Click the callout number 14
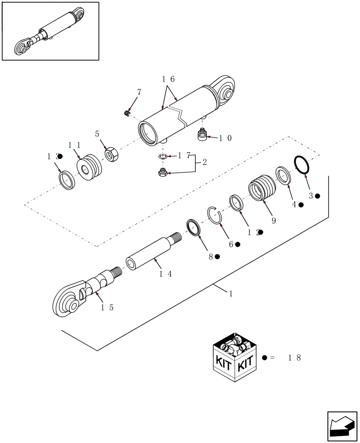pyautogui.click(x=166, y=274)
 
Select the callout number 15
pyautogui.click(x=107, y=307)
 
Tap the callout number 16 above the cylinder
pyautogui.click(x=168, y=79)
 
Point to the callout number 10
pyautogui.click(x=224, y=138)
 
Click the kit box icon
pyautogui.click(x=235, y=356)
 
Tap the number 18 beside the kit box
pyautogui.click(x=294, y=358)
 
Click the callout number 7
pyautogui.click(x=139, y=92)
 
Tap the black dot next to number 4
pyautogui.click(x=301, y=205)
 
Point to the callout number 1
pyautogui.click(x=231, y=293)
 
